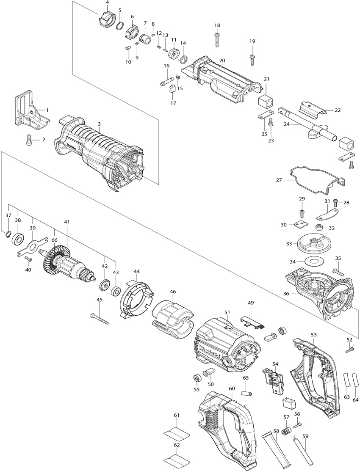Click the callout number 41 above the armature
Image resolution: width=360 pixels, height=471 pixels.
[x=66, y=222]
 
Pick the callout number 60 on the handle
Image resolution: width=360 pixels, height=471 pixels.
[x=232, y=388]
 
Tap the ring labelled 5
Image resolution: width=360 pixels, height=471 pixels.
[x=119, y=25]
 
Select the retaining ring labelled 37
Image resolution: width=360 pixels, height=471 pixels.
[x=8, y=234]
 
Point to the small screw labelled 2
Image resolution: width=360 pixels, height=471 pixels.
[x=28, y=139]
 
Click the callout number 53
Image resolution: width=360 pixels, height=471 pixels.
[x=314, y=334]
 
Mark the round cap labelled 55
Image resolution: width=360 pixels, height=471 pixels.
[x=197, y=377]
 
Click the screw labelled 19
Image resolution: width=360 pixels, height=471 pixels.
[x=252, y=60]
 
